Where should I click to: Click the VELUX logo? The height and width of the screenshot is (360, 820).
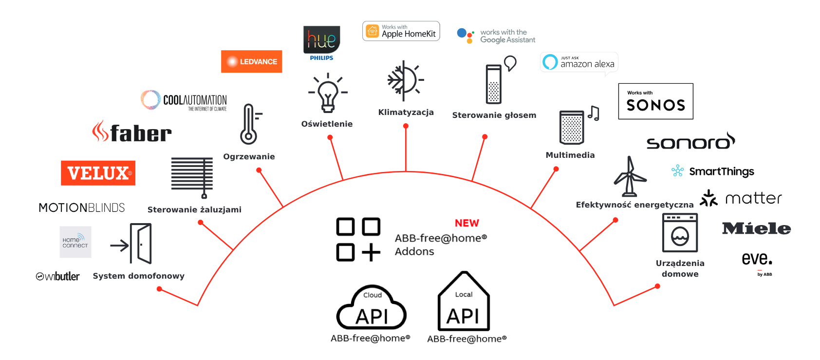coord(98,173)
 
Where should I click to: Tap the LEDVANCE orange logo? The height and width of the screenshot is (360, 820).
coord(251,61)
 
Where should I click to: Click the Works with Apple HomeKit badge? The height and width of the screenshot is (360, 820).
coord(401,31)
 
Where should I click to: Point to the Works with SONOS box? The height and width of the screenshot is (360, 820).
coord(655,101)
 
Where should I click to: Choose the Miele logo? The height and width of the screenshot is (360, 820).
coord(756,228)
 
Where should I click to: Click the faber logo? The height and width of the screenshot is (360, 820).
coord(132,132)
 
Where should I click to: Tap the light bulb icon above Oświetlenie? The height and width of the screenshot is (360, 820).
coord(328,93)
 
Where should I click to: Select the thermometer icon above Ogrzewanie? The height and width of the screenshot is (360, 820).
coord(249,124)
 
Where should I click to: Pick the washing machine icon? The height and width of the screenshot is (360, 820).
coord(680,233)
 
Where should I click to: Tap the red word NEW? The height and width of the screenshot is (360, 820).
coord(466,223)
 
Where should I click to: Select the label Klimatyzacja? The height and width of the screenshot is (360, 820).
coord(406,113)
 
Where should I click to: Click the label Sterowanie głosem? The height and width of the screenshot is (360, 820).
coord(494,115)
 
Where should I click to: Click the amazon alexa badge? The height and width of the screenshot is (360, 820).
coord(579,62)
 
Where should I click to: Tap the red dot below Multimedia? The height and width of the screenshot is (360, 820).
coord(556,169)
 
